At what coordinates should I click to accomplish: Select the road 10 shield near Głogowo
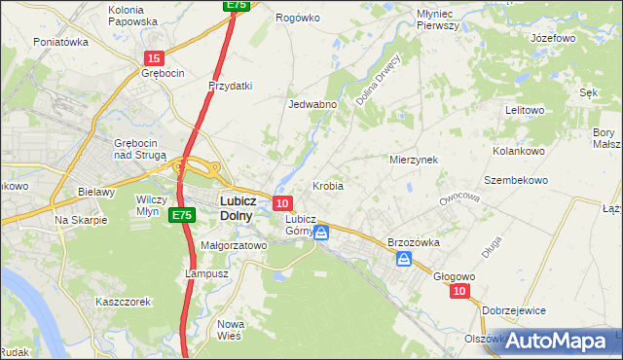[x=459, y=291]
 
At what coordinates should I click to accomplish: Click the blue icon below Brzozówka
[x=404, y=259]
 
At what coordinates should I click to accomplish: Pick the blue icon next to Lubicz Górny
[x=321, y=234]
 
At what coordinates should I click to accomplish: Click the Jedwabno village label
[x=312, y=104]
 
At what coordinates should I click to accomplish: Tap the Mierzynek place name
[x=414, y=159]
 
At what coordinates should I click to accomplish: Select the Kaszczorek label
[x=123, y=302]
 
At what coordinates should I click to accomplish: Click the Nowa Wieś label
[x=231, y=331]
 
